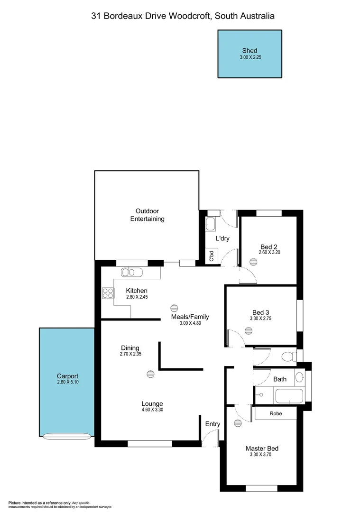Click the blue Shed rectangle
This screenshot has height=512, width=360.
click(249, 54)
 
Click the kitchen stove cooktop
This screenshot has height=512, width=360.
click(107, 293)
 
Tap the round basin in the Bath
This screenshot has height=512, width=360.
click(299, 378)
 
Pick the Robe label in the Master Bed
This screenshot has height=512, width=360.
click(276, 413)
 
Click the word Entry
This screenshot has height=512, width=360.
click(212, 424)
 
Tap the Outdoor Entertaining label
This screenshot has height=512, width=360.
click(147, 215)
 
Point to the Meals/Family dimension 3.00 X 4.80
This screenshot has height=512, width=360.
click(190, 323)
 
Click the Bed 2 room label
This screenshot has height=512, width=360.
click(269, 247)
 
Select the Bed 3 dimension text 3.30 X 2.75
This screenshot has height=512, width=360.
click(260, 319)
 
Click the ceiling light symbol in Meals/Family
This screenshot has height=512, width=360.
click(174, 307)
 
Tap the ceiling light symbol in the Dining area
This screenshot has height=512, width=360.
click(150, 374)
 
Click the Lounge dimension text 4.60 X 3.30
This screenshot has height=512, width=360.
click(152, 410)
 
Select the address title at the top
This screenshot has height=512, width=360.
click(183, 16)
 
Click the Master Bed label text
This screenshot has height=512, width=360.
click(261, 448)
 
